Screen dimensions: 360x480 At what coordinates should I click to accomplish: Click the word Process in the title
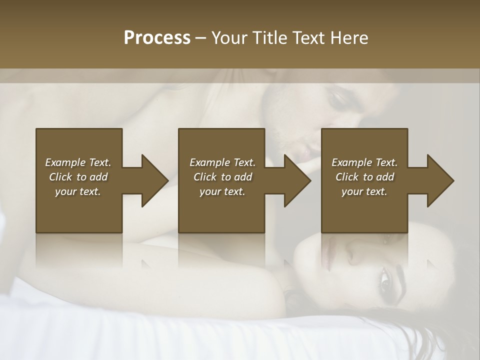[157, 38]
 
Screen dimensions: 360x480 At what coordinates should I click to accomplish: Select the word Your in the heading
[229, 38]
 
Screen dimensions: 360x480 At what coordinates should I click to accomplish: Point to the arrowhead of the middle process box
[297, 180]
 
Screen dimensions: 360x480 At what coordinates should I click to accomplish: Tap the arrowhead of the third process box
[440, 180]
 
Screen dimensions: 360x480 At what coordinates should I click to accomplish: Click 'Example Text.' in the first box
[78, 162]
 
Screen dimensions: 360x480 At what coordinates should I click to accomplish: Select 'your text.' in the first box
[78, 191]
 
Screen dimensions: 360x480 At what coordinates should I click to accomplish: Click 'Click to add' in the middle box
[222, 177]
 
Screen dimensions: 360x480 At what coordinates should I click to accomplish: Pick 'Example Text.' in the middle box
[222, 162]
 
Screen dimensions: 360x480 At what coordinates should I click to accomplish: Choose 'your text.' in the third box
[364, 191]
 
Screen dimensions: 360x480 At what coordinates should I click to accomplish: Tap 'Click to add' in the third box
[364, 177]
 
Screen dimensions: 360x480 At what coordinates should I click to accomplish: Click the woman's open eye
[385, 278]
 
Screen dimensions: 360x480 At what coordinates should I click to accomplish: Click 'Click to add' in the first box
[78, 177]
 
